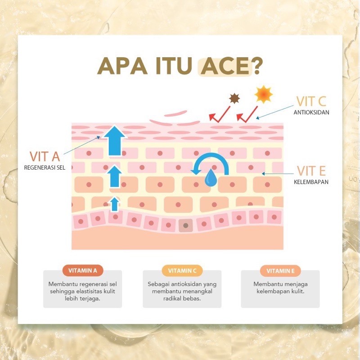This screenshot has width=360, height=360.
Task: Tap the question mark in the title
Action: [x=257, y=66]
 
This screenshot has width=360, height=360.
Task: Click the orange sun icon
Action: [x=264, y=94]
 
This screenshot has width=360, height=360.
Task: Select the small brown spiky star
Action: [x=234, y=99]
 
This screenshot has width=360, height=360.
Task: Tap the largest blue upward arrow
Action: [x=115, y=140]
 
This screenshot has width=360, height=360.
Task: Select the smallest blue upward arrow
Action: [x=115, y=204]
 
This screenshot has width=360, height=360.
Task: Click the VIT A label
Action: [x=45, y=157]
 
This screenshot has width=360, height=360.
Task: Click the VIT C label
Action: [x=311, y=101]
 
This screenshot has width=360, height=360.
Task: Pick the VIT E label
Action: [x=311, y=171]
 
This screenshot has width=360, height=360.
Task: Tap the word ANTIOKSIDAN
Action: [x=311, y=112]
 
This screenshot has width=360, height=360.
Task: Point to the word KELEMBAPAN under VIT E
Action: [x=311, y=182]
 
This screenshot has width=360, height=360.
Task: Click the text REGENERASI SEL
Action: [x=45, y=167]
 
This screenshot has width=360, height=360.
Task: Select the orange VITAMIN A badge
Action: [x=83, y=270]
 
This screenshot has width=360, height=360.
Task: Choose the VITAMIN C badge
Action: [x=182, y=271]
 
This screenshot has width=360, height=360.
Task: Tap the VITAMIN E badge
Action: [x=280, y=271]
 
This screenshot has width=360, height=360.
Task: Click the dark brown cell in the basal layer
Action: [x=186, y=225]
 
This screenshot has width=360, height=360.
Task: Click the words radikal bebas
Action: [x=182, y=298]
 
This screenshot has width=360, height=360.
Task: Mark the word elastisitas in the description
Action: [x=89, y=291]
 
